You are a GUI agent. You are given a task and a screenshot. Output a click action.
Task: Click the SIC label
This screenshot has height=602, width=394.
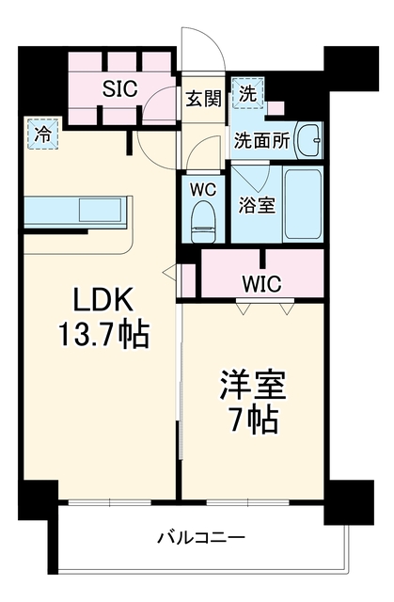(x=119, y=89)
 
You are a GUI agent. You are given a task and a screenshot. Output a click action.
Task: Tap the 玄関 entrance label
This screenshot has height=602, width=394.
(x=204, y=100)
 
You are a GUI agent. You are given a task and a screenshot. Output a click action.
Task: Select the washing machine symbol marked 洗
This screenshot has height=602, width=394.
(x=248, y=93)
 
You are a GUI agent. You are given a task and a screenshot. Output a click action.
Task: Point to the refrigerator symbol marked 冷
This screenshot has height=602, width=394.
(x=42, y=134)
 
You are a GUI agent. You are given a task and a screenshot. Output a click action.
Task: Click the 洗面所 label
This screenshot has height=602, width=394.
(x=261, y=141)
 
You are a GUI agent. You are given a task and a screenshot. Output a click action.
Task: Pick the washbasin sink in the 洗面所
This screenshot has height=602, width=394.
(x=308, y=140)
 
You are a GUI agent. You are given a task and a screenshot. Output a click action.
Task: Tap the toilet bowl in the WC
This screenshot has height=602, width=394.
(x=203, y=221)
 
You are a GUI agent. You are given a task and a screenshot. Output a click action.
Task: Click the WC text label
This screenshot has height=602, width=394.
(x=203, y=189)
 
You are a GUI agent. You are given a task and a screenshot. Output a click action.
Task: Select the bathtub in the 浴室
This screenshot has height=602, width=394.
(x=302, y=204)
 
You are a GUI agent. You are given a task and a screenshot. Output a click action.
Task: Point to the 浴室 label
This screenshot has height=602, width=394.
(x=257, y=205)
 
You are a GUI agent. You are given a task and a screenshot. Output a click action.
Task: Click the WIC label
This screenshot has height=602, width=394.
(x=262, y=284)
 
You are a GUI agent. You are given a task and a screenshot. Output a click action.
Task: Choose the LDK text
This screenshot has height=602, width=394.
(x=103, y=299)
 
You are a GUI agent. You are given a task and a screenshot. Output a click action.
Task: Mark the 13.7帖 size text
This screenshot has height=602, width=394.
(x=103, y=335)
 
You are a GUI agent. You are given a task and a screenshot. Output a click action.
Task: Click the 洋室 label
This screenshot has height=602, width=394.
(x=253, y=385)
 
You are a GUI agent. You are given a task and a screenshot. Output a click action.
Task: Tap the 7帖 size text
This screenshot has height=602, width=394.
(x=253, y=420)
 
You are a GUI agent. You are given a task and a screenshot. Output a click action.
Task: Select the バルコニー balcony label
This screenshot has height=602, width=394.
(x=201, y=537)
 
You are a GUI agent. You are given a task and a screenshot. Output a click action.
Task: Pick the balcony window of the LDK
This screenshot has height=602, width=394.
(x=110, y=502)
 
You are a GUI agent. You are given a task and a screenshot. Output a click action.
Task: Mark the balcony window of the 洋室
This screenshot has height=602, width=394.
(x=248, y=502)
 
